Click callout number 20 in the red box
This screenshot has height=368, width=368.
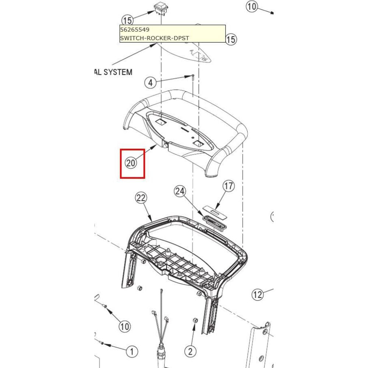click(x=131, y=162)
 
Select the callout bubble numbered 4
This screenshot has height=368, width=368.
click(x=150, y=82)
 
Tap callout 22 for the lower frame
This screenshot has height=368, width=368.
click(x=141, y=198)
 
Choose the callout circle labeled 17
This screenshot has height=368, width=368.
click(x=229, y=186)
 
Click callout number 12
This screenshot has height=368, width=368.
click(x=258, y=294)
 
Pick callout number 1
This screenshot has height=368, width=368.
click(x=132, y=351)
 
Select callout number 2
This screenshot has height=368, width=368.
click(x=190, y=351)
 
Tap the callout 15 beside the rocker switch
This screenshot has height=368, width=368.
click(x=127, y=20)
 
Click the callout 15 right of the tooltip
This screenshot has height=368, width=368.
click(x=230, y=39)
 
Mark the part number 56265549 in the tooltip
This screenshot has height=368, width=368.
click(x=135, y=29)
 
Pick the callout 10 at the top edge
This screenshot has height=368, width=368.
click(x=251, y=7)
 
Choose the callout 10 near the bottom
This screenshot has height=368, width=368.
click(x=124, y=326)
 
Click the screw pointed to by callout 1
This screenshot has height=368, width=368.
click(x=102, y=343)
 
